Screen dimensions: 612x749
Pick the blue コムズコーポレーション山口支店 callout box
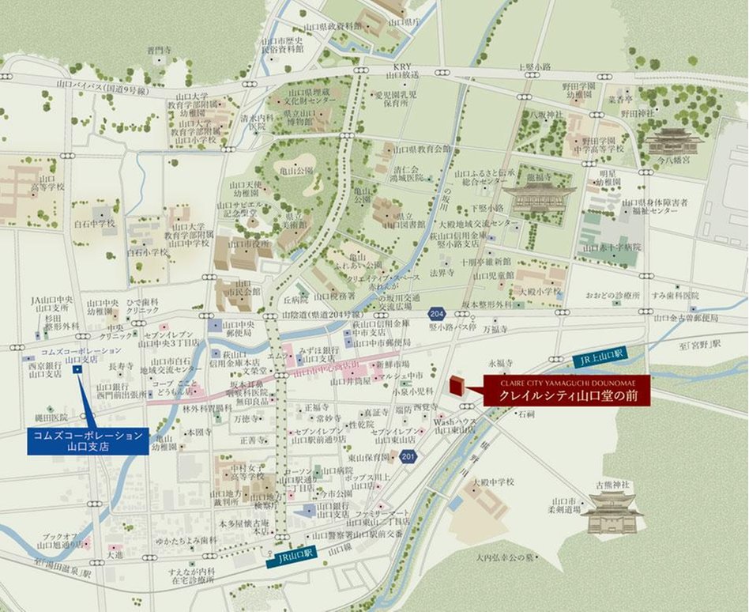(88, 440)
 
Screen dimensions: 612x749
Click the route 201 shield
(407, 456)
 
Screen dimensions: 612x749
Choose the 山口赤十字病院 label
(612, 247)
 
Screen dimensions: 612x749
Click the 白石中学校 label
(94, 224)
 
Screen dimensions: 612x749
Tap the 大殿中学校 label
(493, 481)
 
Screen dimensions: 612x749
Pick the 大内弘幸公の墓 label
(505, 557)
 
